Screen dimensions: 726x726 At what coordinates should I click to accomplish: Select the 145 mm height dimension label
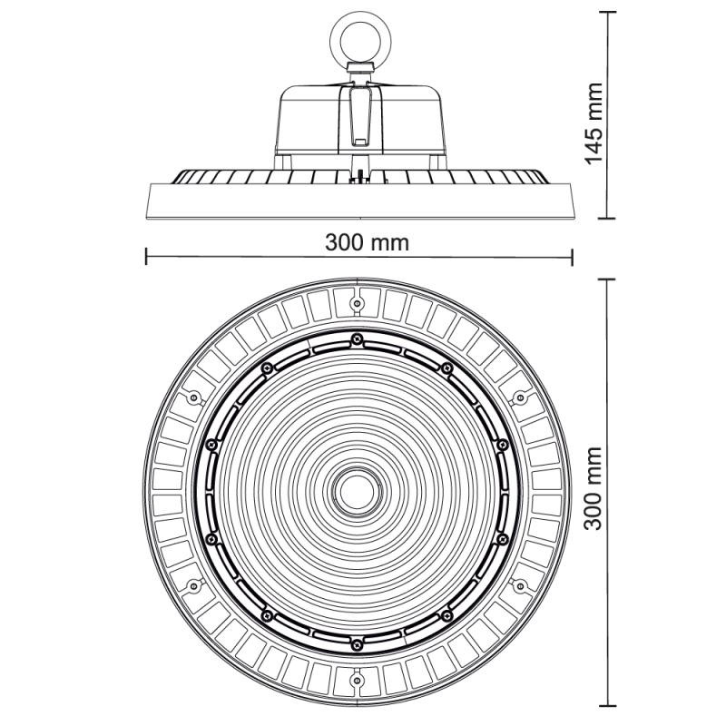click(594, 123)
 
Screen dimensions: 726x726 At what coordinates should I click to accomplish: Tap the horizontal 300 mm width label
click(368, 242)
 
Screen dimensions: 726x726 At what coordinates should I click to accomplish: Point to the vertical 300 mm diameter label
click(594, 488)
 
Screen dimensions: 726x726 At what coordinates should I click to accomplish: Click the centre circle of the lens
click(357, 491)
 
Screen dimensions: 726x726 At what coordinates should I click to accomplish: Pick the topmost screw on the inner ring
click(356, 338)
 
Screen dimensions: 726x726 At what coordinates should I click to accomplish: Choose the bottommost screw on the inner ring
click(356, 644)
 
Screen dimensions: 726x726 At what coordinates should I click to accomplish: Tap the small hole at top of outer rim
click(357, 303)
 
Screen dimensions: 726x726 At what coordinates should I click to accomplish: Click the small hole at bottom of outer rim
click(357, 680)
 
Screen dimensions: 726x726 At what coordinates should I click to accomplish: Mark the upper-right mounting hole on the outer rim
click(520, 397)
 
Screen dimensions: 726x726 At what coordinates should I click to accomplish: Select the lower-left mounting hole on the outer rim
click(193, 586)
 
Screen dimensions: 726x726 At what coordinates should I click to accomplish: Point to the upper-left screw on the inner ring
click(266, 368)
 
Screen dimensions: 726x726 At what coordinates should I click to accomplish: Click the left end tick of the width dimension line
click(146, 257)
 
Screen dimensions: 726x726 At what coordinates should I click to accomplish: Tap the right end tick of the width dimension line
click(573, 257)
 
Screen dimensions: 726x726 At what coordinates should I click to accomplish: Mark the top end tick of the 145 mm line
click(607, 12)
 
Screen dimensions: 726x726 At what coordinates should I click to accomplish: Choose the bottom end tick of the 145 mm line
click(607, 218)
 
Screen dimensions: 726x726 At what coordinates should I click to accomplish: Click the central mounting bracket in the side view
click(360, 118)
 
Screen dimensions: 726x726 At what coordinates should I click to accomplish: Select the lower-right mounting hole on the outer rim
click(520, 586)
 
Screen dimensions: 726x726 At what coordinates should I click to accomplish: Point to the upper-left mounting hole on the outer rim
click(193, 397)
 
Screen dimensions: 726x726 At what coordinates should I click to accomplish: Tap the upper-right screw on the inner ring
click(446, 368)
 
